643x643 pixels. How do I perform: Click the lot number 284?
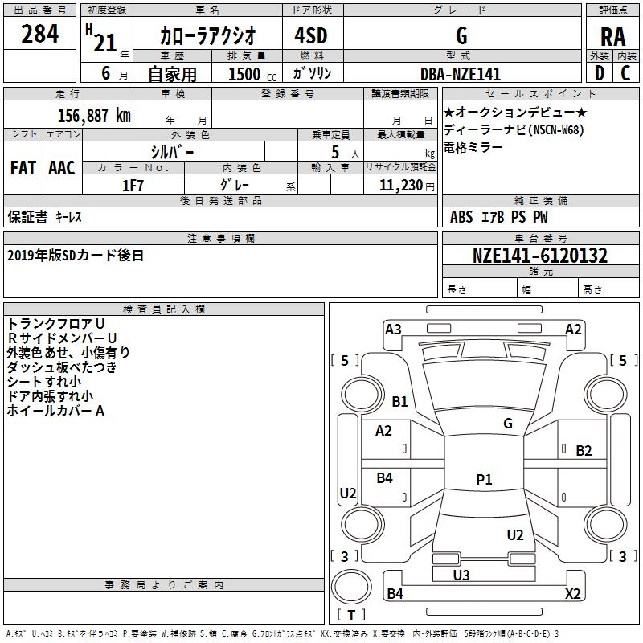click(x=40, y=35)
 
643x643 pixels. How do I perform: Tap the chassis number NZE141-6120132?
click(x=540, y=256)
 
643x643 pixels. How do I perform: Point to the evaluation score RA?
click(x=612, y=36)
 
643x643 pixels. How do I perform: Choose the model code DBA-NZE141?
click(x=460, y=74)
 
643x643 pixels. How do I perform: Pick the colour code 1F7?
click(x=133, y=186)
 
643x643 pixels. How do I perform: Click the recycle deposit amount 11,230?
click(x=402, y=186)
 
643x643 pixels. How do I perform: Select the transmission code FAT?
click(x=23, y=168)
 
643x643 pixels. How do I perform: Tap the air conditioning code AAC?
click(x=62, y=168)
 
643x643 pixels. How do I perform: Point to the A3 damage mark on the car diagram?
click(x=393, y=330)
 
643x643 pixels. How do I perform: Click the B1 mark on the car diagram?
click(x=400, y=401)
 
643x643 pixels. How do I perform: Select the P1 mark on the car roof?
click(x=484, y=480)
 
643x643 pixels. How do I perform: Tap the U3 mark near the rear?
click(x=461, y=575)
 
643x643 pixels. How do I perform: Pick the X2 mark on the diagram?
click(x=573, y=594)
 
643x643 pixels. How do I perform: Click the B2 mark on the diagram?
click(x=584, y=450)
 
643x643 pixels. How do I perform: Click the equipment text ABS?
click(x=461, y=217)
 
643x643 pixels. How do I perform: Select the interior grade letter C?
click(x=625, y=73)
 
